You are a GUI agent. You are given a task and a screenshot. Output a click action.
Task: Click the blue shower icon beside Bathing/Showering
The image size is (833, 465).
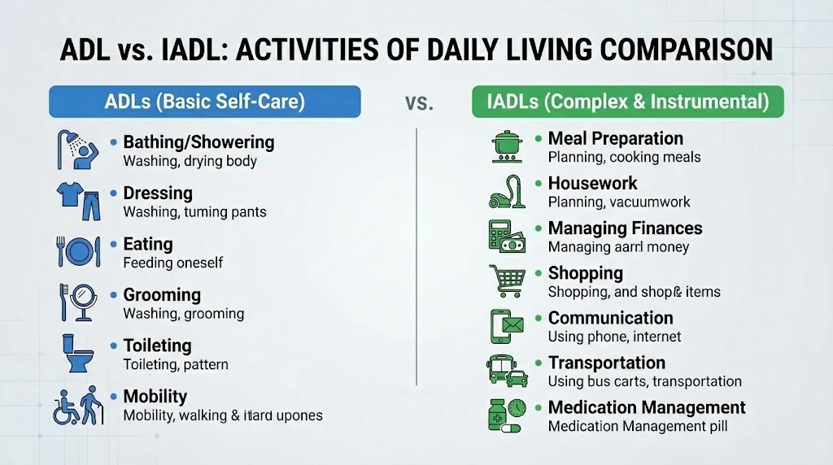click(x=78, y=150)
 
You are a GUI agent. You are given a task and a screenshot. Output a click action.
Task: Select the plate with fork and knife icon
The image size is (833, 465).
click(x=78, y=251)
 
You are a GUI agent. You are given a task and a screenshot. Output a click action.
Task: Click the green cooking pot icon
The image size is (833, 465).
click(x=507, y=146)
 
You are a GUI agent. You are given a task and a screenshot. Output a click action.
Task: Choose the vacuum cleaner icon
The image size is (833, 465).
click(x=507, y=192)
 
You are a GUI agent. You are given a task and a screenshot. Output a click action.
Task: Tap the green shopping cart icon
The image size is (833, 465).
click(x=507, y=280)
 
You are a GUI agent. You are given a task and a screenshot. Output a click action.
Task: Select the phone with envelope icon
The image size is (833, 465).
click(x=507, y=326)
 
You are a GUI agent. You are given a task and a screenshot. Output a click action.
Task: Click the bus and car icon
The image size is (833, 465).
click(x=507, y=371)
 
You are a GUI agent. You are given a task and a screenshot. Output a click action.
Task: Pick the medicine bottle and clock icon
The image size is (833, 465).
click(x=507, y=415)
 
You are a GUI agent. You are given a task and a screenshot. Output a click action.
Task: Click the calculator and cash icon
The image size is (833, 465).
click(x=507, y=237)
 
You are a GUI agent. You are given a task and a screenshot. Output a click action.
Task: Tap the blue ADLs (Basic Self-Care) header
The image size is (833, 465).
click(x=205, y=102)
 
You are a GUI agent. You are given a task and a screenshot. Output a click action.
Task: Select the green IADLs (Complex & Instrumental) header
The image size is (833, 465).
click(x=628, y=102)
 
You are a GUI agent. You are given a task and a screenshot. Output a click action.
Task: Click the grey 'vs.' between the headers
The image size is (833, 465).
click(x=419, y=103)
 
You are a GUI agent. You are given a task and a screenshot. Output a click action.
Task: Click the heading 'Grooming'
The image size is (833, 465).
click(x=162, y=295)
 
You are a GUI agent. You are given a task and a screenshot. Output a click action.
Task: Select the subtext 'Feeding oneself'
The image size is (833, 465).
click(x=172, y=263)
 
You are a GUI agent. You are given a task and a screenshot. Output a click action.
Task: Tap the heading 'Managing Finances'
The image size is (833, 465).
click(x=625, y=228)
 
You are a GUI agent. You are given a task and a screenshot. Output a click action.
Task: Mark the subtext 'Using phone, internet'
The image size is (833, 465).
click(x=614, y=337)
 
